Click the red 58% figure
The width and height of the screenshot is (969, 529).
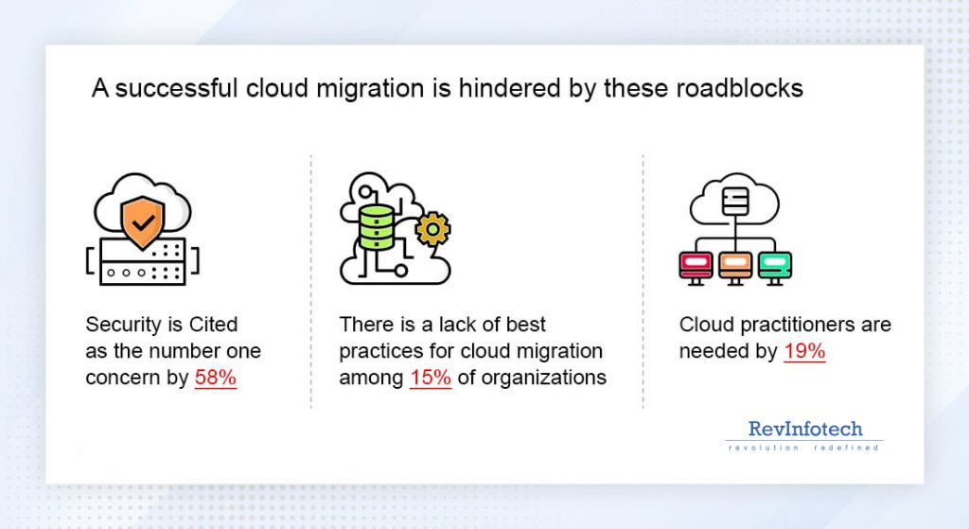(216, 378)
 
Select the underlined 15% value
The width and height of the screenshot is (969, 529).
(431, 378)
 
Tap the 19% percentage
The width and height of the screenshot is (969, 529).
(805, 351)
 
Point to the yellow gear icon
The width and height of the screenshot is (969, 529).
(433, 229)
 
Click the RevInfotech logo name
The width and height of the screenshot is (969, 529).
(805, 429)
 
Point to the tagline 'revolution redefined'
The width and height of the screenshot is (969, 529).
(804, 447)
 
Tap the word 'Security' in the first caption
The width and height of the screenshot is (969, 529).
(122, 325)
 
